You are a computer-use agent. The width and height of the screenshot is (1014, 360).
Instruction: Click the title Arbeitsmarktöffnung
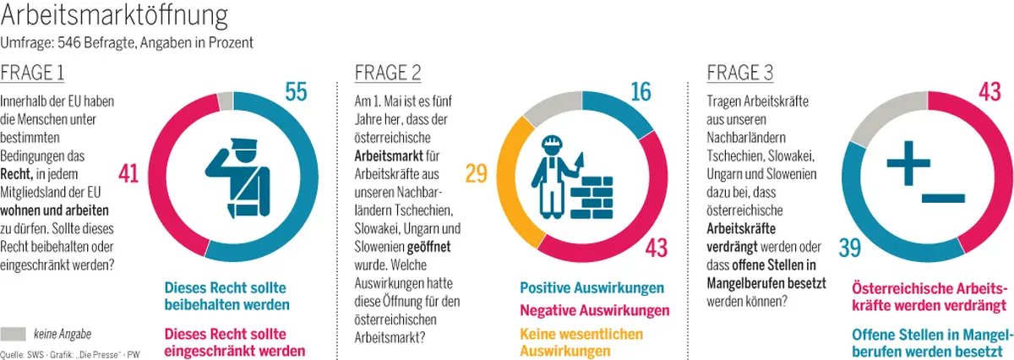click(x=114, y=17)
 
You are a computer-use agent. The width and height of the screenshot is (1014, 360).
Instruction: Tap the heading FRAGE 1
click(x=32, y=73)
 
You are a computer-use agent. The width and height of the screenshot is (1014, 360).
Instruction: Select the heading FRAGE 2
click(x=388, y=73)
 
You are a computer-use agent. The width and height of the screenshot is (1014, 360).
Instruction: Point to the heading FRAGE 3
click(x=740, y=73)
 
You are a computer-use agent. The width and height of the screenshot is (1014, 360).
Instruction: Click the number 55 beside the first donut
click(x=295, y=92)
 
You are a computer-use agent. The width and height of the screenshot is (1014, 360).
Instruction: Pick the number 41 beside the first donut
click(x=128, y=174)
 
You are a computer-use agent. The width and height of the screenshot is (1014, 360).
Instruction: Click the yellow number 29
click(x=476, y=174)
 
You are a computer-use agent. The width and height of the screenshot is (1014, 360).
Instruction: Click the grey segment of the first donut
click(x=225, y=101)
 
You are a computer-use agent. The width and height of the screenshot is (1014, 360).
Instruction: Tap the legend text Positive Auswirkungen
click(x=591, y=289)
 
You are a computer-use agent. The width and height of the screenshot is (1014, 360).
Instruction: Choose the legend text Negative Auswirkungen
click(x=594, y=310)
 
